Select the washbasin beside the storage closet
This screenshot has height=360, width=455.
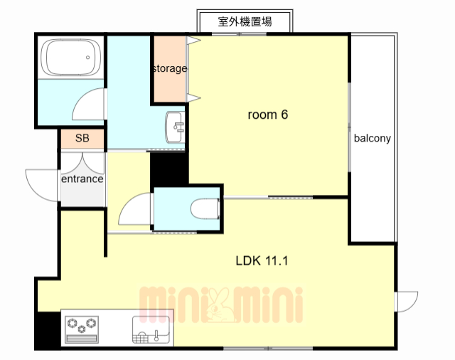[x=174, y=128]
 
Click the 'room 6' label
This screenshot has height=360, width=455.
[x=267, y=115]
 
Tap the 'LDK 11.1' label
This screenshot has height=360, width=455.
[x=261, y=260]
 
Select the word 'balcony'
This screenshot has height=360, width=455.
[x=373, y=139]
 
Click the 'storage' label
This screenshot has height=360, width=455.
[x=169, y=69]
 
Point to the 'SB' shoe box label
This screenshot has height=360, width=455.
[x=82, y=139]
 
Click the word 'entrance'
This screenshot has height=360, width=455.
[x=82, y=179]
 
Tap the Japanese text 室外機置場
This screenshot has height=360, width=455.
[x=245, y=22]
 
